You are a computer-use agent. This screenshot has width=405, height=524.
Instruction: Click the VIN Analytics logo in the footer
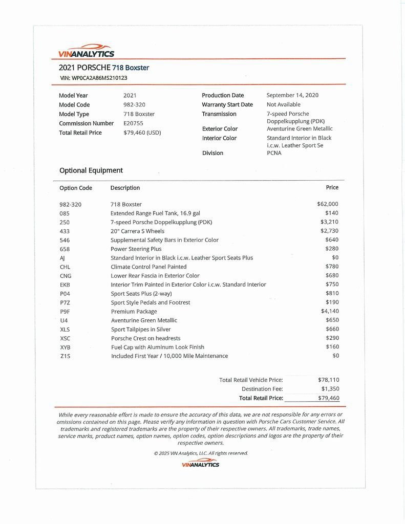200,463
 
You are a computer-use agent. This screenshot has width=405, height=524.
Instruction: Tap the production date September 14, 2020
292,95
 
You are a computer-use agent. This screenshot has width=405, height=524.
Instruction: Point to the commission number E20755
132,123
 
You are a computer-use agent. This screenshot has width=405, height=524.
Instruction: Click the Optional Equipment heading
91,170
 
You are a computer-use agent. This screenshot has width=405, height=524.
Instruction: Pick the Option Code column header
76,188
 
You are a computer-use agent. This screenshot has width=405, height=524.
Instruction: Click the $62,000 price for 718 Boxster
328,204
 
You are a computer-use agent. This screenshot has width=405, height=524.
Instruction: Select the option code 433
65,231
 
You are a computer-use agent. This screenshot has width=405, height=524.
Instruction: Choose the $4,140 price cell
329,311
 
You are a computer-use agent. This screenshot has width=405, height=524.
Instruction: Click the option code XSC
65,338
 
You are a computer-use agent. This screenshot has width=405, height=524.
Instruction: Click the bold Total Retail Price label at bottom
261,398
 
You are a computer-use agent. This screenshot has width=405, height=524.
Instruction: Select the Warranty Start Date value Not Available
284,104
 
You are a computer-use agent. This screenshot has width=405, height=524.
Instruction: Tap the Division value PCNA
274,152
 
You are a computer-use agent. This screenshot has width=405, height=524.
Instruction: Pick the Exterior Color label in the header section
220,129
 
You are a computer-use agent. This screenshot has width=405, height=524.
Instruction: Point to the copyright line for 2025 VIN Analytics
201,453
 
